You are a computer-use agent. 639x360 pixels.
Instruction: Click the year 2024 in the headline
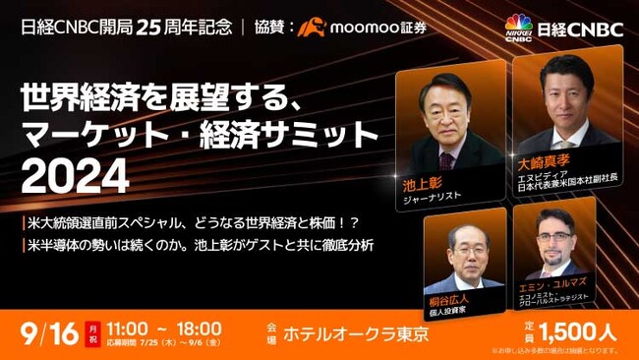74,177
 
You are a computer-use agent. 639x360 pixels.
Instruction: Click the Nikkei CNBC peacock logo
518,28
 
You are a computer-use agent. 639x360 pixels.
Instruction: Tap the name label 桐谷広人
448,299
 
